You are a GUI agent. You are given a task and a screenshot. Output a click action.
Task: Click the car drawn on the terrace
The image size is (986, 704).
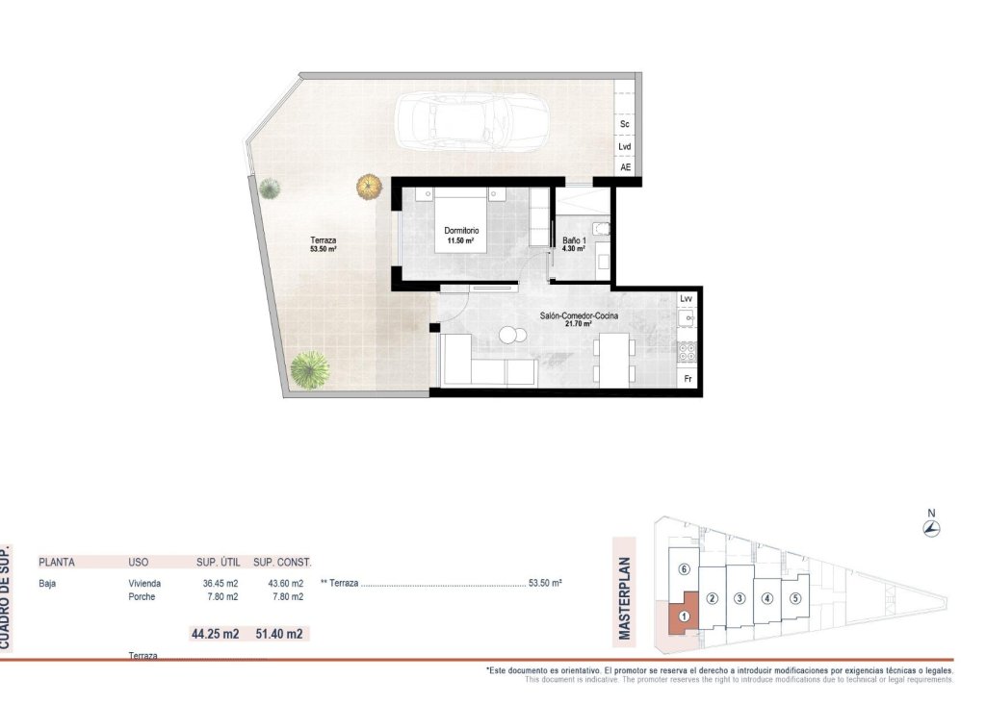471,121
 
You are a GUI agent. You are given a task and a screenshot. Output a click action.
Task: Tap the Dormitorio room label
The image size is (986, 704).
462,232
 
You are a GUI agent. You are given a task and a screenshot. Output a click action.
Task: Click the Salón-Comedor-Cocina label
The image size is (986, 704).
580,315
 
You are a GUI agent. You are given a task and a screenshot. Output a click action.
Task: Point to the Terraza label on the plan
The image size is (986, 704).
323,240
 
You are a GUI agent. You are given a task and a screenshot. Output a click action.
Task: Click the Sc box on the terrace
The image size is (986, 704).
625,125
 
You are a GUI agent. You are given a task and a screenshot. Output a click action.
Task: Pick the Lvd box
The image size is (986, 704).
625,147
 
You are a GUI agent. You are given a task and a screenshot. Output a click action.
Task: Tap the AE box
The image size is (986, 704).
626,167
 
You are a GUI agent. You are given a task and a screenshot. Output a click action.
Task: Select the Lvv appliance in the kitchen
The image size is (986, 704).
687,299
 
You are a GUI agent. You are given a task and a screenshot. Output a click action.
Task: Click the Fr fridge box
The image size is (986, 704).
688,379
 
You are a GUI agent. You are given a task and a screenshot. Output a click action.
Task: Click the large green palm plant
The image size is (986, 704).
309,368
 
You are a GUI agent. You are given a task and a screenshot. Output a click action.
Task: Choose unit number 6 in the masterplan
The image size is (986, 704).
683,569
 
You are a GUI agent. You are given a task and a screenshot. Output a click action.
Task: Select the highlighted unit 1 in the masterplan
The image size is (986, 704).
683,616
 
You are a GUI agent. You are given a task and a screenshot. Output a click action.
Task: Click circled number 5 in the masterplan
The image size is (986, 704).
795,598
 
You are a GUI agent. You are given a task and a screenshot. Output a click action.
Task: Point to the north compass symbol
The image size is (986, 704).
931,527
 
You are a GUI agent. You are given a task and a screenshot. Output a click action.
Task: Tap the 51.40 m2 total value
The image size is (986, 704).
280,634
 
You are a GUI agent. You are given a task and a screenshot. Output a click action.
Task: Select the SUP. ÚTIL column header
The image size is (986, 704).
217,562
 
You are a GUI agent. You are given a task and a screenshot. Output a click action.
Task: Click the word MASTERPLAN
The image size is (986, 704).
624,599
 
